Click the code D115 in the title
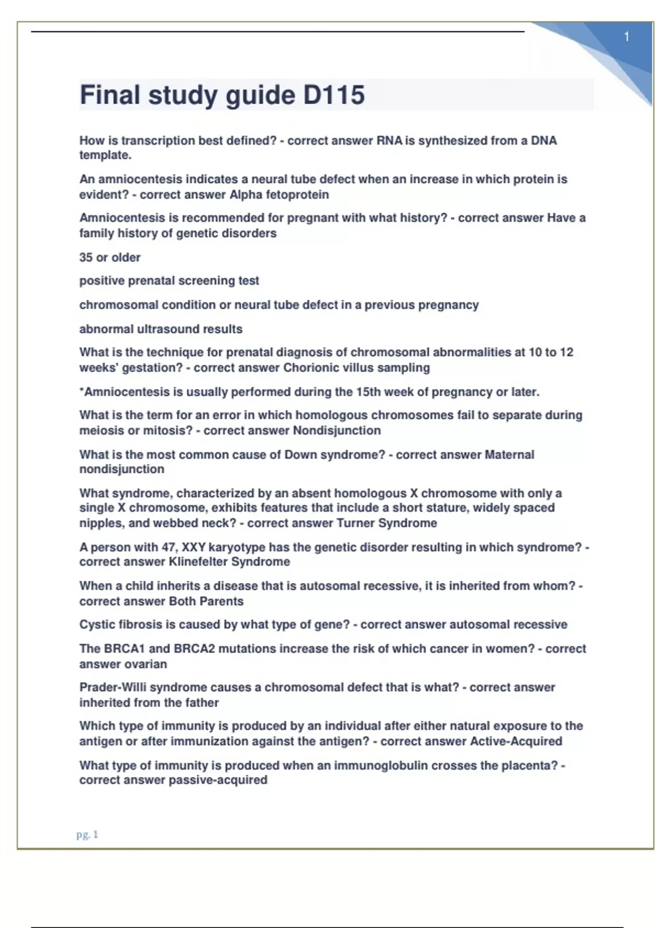[x=334, y=95]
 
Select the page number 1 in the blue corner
[x=627, y=37]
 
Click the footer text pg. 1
[x=87, y=834]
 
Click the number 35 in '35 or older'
[x=86, y=258]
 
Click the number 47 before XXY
[x=168, y=548]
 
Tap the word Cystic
[x=96, y=624]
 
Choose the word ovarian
[x=146, y=664]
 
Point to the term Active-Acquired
[x=516, y=741]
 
